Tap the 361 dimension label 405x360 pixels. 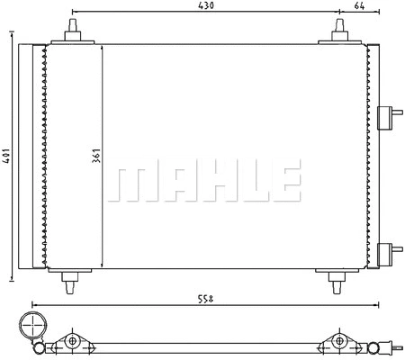coord(94,157)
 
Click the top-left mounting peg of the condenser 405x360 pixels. coord(72,34)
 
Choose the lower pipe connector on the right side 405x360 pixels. coord(390,253)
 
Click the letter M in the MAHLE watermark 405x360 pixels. coord(131,182)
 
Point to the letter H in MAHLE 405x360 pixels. coord(209,182)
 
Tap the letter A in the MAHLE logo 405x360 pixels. coord(171,182)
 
